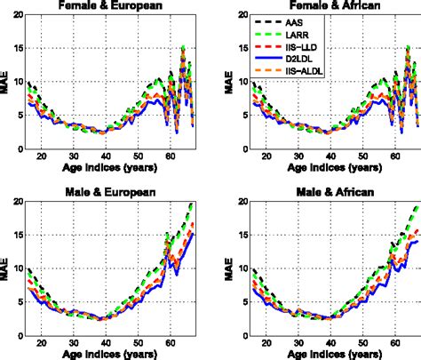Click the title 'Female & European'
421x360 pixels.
coord(111,7)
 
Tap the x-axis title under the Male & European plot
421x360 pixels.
coord(111,353)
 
